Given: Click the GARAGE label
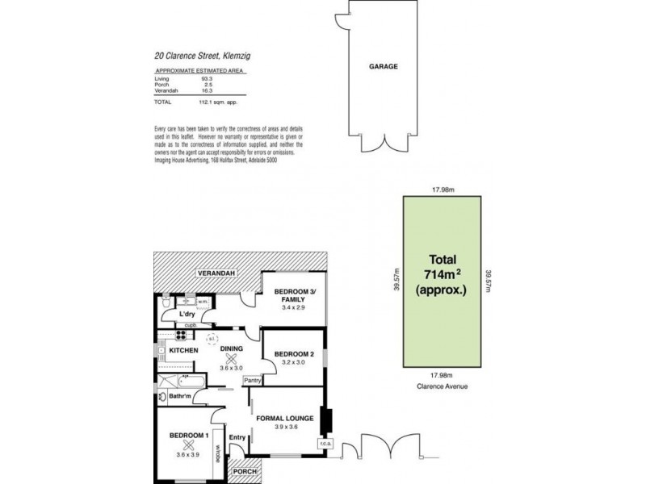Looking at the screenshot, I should pyautogui.click(x=385, y=68).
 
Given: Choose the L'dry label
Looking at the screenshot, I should pyautogui.click(x=187, y=313).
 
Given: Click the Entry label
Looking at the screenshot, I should pyautogui.click(x=237, y=437).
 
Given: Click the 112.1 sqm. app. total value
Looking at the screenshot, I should pyautogui.click(x=220, y=103).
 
